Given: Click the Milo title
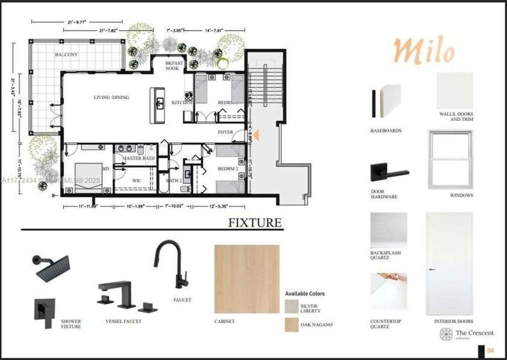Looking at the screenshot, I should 424,50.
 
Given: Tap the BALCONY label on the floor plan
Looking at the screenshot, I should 66,54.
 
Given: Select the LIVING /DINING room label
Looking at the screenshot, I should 111,97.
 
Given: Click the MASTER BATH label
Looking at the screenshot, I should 139,158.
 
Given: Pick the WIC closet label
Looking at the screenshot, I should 136,180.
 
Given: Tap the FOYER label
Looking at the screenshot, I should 225,132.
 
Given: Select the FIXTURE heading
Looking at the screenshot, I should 255,223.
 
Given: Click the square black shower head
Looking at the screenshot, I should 53,267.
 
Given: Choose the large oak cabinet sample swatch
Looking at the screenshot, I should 247,279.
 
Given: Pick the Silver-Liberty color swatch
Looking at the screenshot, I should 292,306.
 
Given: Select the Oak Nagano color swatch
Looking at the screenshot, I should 292,324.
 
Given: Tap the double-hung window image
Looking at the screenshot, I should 451,159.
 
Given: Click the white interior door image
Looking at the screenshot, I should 449,263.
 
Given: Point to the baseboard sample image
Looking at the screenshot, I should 386,100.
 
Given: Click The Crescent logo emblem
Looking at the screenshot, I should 446,334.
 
